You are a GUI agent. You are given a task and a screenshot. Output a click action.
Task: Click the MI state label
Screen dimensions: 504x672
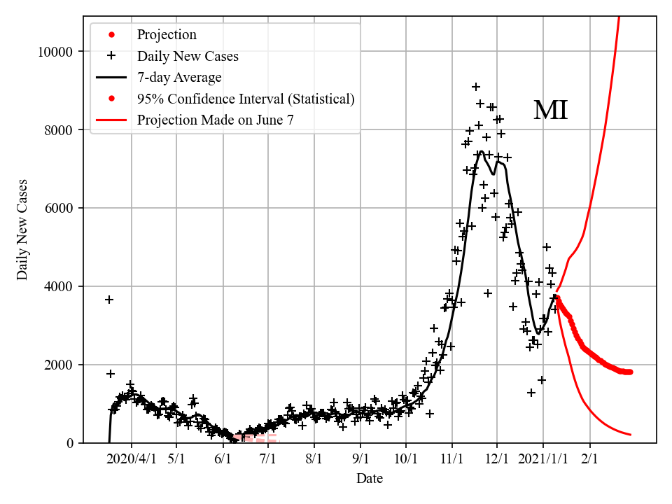tap(550, 111)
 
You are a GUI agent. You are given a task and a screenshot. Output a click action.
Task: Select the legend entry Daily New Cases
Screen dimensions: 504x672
tap(188, 56)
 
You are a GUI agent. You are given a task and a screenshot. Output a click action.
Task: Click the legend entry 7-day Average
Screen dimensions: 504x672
tap(179, 77)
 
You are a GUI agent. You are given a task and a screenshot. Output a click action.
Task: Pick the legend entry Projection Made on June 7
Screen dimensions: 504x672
tap(215, 120)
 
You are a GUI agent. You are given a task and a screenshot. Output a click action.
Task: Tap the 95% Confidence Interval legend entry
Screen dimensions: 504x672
tap(246, 99)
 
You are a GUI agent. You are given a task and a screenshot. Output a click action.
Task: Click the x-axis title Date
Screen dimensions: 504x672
tap(370, 479)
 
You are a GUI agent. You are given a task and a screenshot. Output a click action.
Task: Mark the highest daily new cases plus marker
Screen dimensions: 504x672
tap(476, 87)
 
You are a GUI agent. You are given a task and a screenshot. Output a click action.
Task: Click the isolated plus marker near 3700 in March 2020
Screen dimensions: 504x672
tap(109, 300)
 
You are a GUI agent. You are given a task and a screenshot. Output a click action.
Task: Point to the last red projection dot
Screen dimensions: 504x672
tap(630, 372)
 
